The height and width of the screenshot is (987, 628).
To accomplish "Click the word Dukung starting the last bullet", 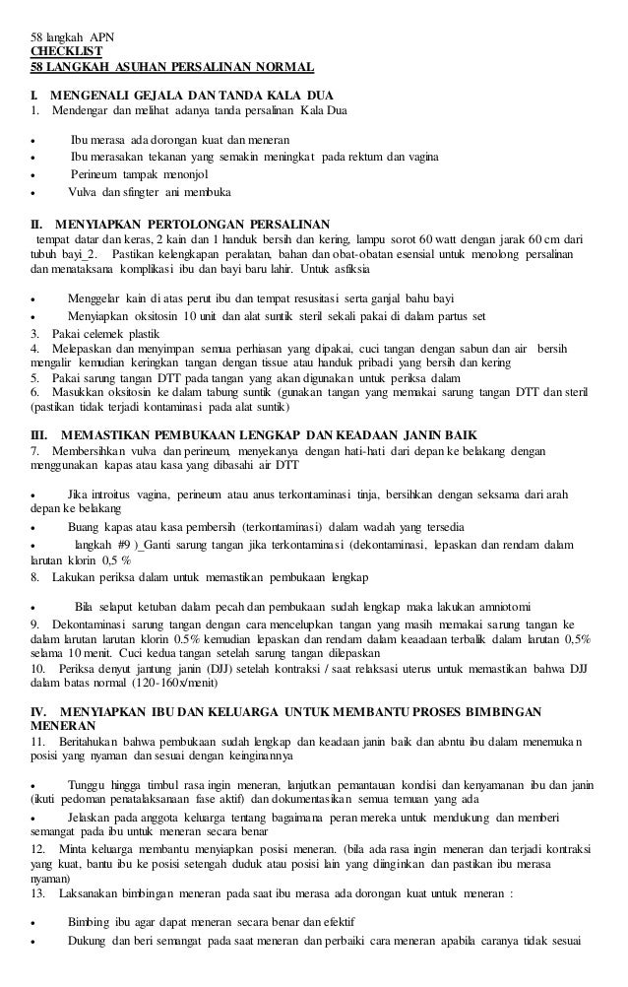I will (x=89, y=969).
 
